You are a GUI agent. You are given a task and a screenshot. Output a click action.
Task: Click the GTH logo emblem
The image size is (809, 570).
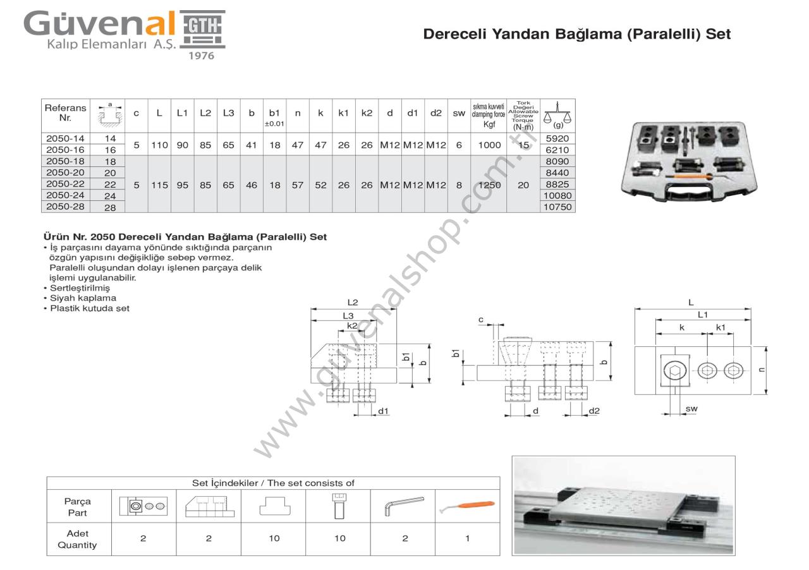point(202,29)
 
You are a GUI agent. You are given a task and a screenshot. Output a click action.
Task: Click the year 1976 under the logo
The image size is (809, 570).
point(202,56)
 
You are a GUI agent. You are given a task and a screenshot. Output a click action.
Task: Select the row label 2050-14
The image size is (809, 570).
point(66,138)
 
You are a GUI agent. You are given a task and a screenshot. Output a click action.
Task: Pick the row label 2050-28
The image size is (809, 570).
point(66,207)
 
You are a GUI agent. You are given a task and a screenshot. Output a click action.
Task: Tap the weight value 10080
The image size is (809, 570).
point(557,195)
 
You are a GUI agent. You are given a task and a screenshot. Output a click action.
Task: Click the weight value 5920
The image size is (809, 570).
point(557,138)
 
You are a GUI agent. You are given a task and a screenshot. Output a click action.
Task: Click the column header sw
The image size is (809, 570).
point(459,114)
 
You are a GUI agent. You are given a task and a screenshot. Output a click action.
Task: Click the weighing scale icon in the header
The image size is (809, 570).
point(557,114)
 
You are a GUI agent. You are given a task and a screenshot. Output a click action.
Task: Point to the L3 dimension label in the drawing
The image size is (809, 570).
point(348,315)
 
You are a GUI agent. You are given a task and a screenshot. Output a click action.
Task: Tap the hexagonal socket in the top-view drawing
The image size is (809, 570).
point(674,370)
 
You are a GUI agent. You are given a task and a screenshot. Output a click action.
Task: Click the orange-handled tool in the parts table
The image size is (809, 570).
point(470,505)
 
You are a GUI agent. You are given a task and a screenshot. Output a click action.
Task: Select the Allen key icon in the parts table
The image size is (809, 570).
point(403,506)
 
